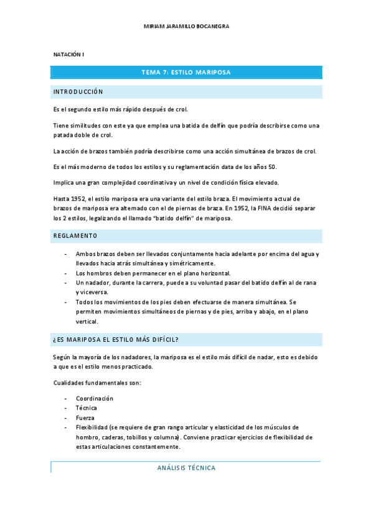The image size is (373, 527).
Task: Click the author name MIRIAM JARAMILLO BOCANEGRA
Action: click(x=186, y=27)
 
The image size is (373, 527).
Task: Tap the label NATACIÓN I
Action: click(x=68, y=55)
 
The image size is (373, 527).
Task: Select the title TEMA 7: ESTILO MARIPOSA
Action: click(x=186, y=73)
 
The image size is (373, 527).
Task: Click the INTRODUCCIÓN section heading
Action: click(x=78, y=92)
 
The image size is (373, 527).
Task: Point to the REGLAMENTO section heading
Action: click(x=75, y=236)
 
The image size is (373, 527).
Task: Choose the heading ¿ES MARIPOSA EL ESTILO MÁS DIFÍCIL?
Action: click(x=116, y=339)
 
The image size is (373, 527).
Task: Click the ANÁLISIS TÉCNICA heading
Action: click(x=186, y=468)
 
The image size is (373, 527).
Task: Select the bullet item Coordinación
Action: click(x=95, y=398)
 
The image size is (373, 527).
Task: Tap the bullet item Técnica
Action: click(x=86, y=408)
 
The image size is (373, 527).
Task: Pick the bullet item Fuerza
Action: click(x=85, y=418)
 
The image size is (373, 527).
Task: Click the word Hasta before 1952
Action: click(x=61, y=199)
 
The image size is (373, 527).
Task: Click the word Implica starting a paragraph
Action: click(x=63, y=183)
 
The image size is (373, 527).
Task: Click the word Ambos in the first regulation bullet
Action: click(x=85, y=254)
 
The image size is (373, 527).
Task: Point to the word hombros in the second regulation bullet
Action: click(x=100, y=273)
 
